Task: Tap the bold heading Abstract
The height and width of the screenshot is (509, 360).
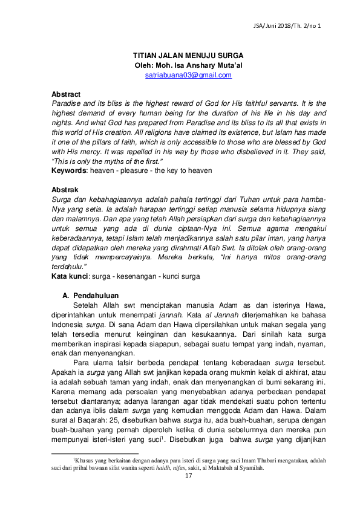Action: coord(66,95)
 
